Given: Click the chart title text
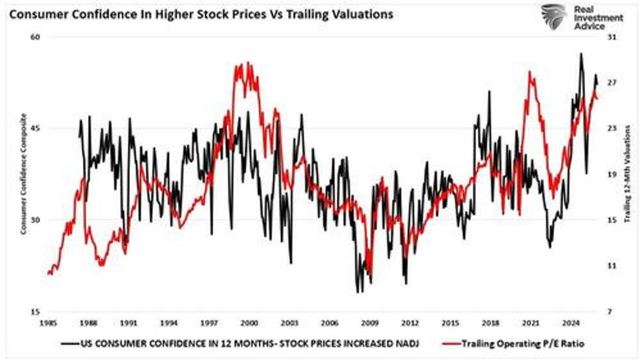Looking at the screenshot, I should coord(201,14).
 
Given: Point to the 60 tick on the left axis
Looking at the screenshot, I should coord(36,37).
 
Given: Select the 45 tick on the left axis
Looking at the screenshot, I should coord(36,129).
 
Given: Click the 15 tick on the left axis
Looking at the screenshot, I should coord(36,312).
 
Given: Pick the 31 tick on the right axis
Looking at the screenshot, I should coord(611,37).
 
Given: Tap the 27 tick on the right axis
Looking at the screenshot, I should coord(611,83).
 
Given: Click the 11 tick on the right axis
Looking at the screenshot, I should coord(611,266).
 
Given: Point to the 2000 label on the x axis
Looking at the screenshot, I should coord(249,323).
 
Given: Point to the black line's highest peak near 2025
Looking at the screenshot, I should coord(581,54).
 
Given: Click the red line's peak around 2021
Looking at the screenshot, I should coord(530,72).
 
